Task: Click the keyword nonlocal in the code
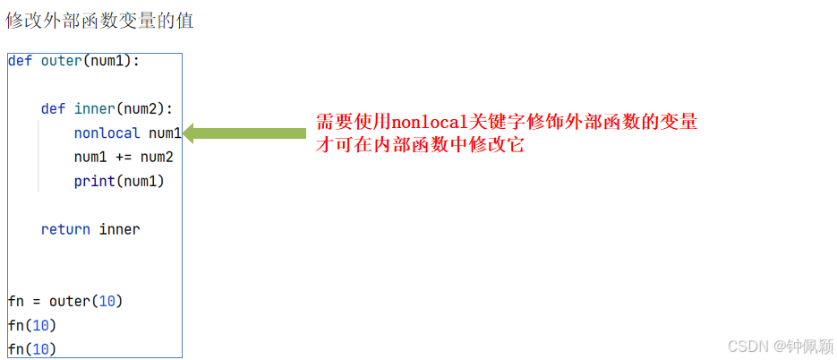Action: click(x=107, y=133)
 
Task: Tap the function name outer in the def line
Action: click(x=61, y=61)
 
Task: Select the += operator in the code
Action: click(x=124, y=158)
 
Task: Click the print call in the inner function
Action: click(x=94, y=182)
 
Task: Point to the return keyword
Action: click(x=65, y=229)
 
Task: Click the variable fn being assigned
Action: click(x=15, y=301)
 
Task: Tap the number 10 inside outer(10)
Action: click(x=107, y=301)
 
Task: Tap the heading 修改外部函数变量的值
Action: click(x=99, y=20)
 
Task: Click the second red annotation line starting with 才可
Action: click(x=420, y=144)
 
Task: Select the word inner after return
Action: click(x=119, y=229)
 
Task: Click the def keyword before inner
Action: click(x=53, y=109)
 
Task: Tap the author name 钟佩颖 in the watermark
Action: click(x=808, y=346)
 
